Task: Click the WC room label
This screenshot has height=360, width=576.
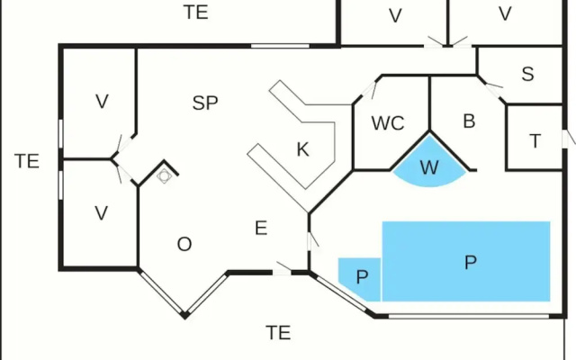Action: (x=388, y=123)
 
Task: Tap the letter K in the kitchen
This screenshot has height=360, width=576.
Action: (x=302, y=149)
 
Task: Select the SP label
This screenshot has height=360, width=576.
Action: (x=205, y=103)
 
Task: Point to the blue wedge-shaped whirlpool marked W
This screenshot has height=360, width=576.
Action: (x=429, y=164)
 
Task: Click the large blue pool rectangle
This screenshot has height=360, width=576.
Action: (x=466, y=261)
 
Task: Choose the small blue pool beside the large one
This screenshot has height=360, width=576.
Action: (x=360, y=279)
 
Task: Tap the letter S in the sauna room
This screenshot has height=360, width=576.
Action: (x=528, y=74)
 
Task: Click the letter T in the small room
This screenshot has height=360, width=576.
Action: (x=535, y=141)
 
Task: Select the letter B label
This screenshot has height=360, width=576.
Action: (x=469, y=121)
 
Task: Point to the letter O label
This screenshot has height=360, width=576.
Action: (x=184, y=244)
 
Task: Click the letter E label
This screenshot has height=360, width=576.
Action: (x=261, y=228)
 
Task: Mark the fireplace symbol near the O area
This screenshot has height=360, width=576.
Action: (x=164, y=176)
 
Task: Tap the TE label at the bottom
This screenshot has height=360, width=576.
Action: (x=278, y=333)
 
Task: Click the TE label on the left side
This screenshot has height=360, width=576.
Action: (x=27, y=161)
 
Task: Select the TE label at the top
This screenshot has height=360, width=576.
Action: (x=196, y=12)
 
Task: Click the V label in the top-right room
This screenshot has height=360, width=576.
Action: (x=506, y=14)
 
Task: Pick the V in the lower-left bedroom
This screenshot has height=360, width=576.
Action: (x=102, y=213)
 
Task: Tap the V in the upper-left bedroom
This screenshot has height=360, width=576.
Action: (x=102, y=102)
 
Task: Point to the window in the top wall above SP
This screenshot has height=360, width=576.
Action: (x=280, y=46)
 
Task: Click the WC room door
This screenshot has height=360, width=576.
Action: (x=369, y=90)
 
